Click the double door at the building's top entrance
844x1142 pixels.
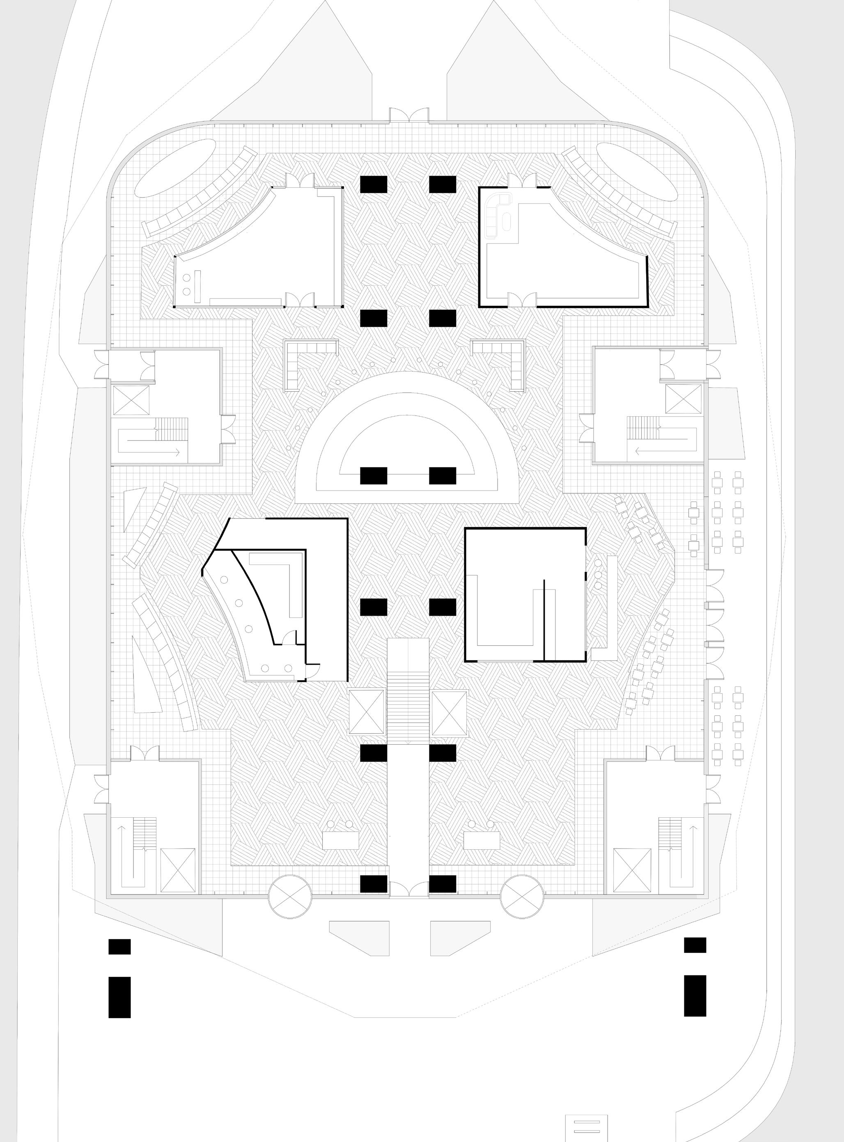tap(409, 115)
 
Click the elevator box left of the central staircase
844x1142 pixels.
tap(366, 712)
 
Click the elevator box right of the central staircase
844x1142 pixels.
tap(450, 712)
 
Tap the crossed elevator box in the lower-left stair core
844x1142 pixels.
tap(178, 870)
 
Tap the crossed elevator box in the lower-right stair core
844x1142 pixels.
tap(632, 870)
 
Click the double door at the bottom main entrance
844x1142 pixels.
tap(409, 889)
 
